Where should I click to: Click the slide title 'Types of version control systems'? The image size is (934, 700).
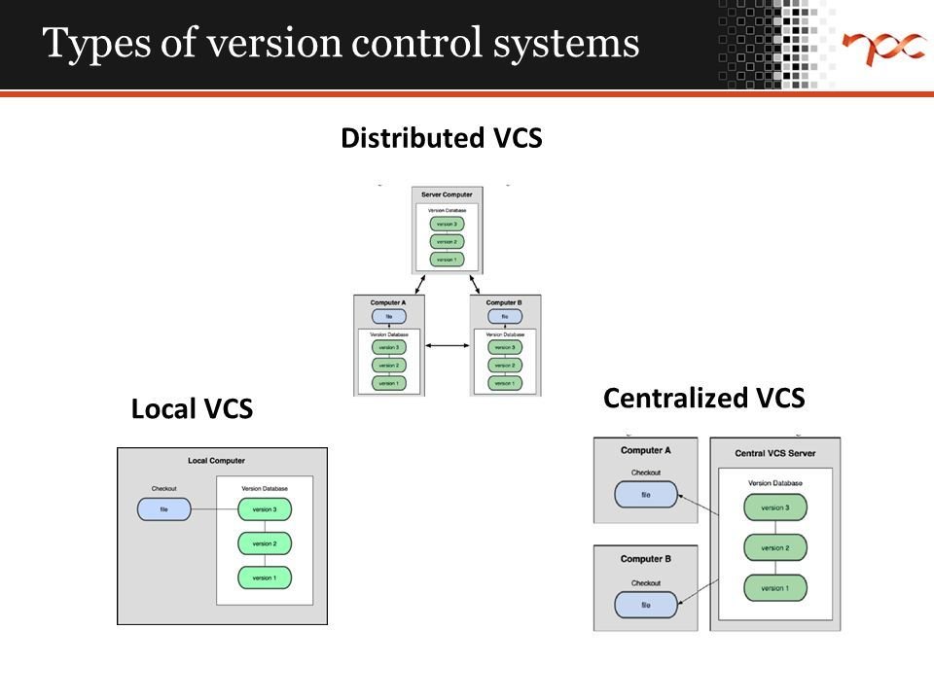coord(341,44)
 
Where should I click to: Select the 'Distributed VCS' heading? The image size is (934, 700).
coord(441,138)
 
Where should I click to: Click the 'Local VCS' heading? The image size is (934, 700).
coord(192,410)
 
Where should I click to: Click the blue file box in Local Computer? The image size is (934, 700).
coord(163,508)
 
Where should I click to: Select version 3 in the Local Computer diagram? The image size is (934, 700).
coord(264,508)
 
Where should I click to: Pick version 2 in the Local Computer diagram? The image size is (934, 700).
coord(264,543)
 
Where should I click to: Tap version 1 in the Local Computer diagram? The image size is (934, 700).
coord(264,577)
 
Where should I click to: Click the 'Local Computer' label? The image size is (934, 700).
coord(217,460)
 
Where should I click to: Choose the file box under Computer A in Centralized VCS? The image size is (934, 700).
coord(645,495)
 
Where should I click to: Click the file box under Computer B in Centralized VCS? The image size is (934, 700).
coord(645,605)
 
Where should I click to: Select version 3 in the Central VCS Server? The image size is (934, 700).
coord(774,507)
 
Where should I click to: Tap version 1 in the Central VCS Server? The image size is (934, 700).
coord(774,588)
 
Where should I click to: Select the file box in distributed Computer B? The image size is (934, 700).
coord(505,316)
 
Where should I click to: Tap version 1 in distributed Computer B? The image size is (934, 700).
coord(505,383)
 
